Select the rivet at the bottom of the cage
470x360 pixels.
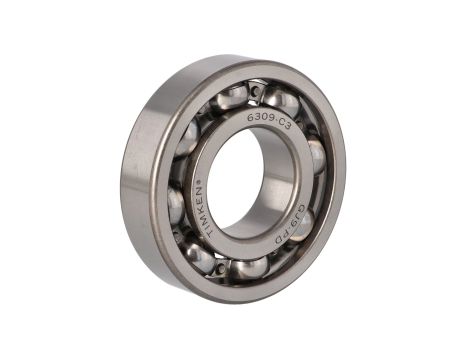point(219,267)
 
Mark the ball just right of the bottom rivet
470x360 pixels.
point(249,267)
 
